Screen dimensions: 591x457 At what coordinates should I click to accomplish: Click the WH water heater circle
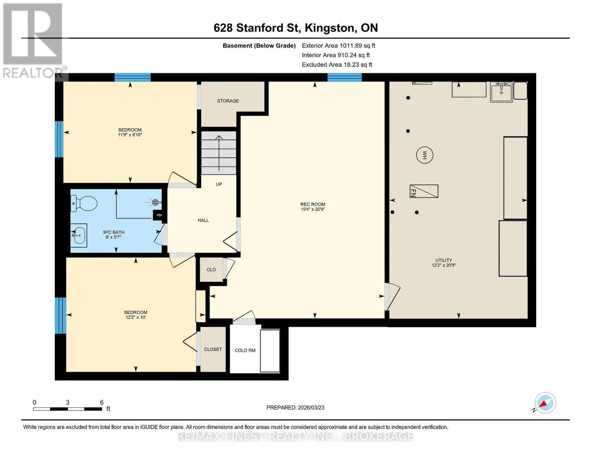point(424,155)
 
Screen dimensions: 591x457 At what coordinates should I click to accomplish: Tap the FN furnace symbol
point(424,191)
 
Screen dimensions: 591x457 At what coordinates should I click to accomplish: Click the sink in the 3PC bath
point(79,235)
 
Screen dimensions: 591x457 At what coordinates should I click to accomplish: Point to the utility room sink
point(501,92)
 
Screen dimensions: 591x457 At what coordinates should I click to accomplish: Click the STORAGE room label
point(228,101)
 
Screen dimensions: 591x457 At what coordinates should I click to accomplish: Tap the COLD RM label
point(245,350)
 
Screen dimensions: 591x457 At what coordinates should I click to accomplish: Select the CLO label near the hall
point(211,270)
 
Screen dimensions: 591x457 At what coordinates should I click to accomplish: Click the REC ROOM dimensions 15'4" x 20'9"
point(313,209)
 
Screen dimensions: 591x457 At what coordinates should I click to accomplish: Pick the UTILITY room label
point(444,260)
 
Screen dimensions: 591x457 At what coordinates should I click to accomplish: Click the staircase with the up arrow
point(219,153)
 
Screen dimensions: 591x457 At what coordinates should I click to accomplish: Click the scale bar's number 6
point(102,402)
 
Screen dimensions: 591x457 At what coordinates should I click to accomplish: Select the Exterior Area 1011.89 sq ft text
point(338,46)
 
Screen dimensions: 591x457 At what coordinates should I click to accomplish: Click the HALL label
point(203,220)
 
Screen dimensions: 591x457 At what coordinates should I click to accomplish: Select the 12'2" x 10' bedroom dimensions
point(136,317)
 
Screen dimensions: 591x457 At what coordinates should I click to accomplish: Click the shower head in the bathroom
point(156,202)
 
